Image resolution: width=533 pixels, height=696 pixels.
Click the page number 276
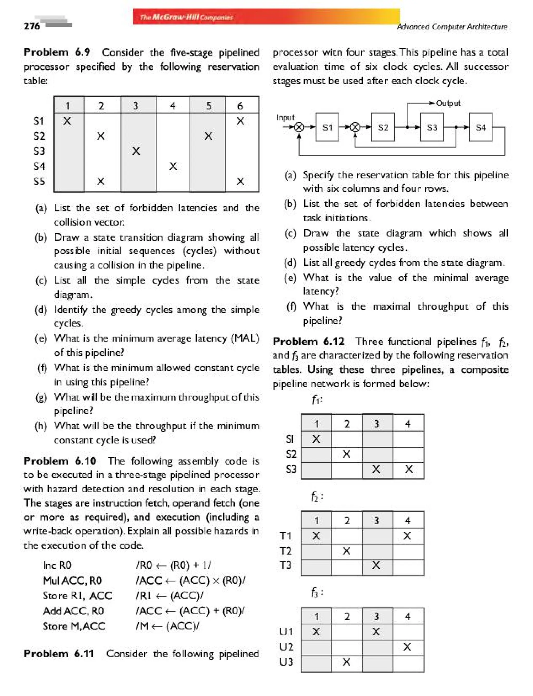[32, 26]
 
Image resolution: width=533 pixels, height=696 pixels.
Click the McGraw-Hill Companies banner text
[187, 17]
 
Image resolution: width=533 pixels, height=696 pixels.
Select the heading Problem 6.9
[57, 52]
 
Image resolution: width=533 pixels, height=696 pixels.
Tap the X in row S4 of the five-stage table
[173, 166]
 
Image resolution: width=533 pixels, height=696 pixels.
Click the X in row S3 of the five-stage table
[136, 151]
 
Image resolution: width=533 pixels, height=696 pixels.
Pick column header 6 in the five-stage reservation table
[240, 106]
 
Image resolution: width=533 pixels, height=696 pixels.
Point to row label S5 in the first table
[39, 181]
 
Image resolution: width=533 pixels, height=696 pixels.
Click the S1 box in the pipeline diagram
[327, 127]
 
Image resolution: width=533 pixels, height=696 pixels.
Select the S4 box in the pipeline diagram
[480, 127]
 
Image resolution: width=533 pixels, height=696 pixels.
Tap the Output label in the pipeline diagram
[448, 103]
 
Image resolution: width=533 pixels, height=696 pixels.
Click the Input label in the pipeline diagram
[285, 118]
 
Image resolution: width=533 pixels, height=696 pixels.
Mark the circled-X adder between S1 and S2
[355, 127]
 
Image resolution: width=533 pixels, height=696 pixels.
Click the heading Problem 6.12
[308, 341]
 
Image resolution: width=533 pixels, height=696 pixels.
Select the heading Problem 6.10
[60, 461]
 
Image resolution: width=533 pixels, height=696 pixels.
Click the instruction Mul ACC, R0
[72, 581]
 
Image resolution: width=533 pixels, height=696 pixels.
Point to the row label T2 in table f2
[285, 551]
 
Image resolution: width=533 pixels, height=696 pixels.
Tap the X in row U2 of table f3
[407, 647]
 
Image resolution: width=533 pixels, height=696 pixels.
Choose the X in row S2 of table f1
[346, 454]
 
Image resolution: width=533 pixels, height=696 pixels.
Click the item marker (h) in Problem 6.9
[41, 426]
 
